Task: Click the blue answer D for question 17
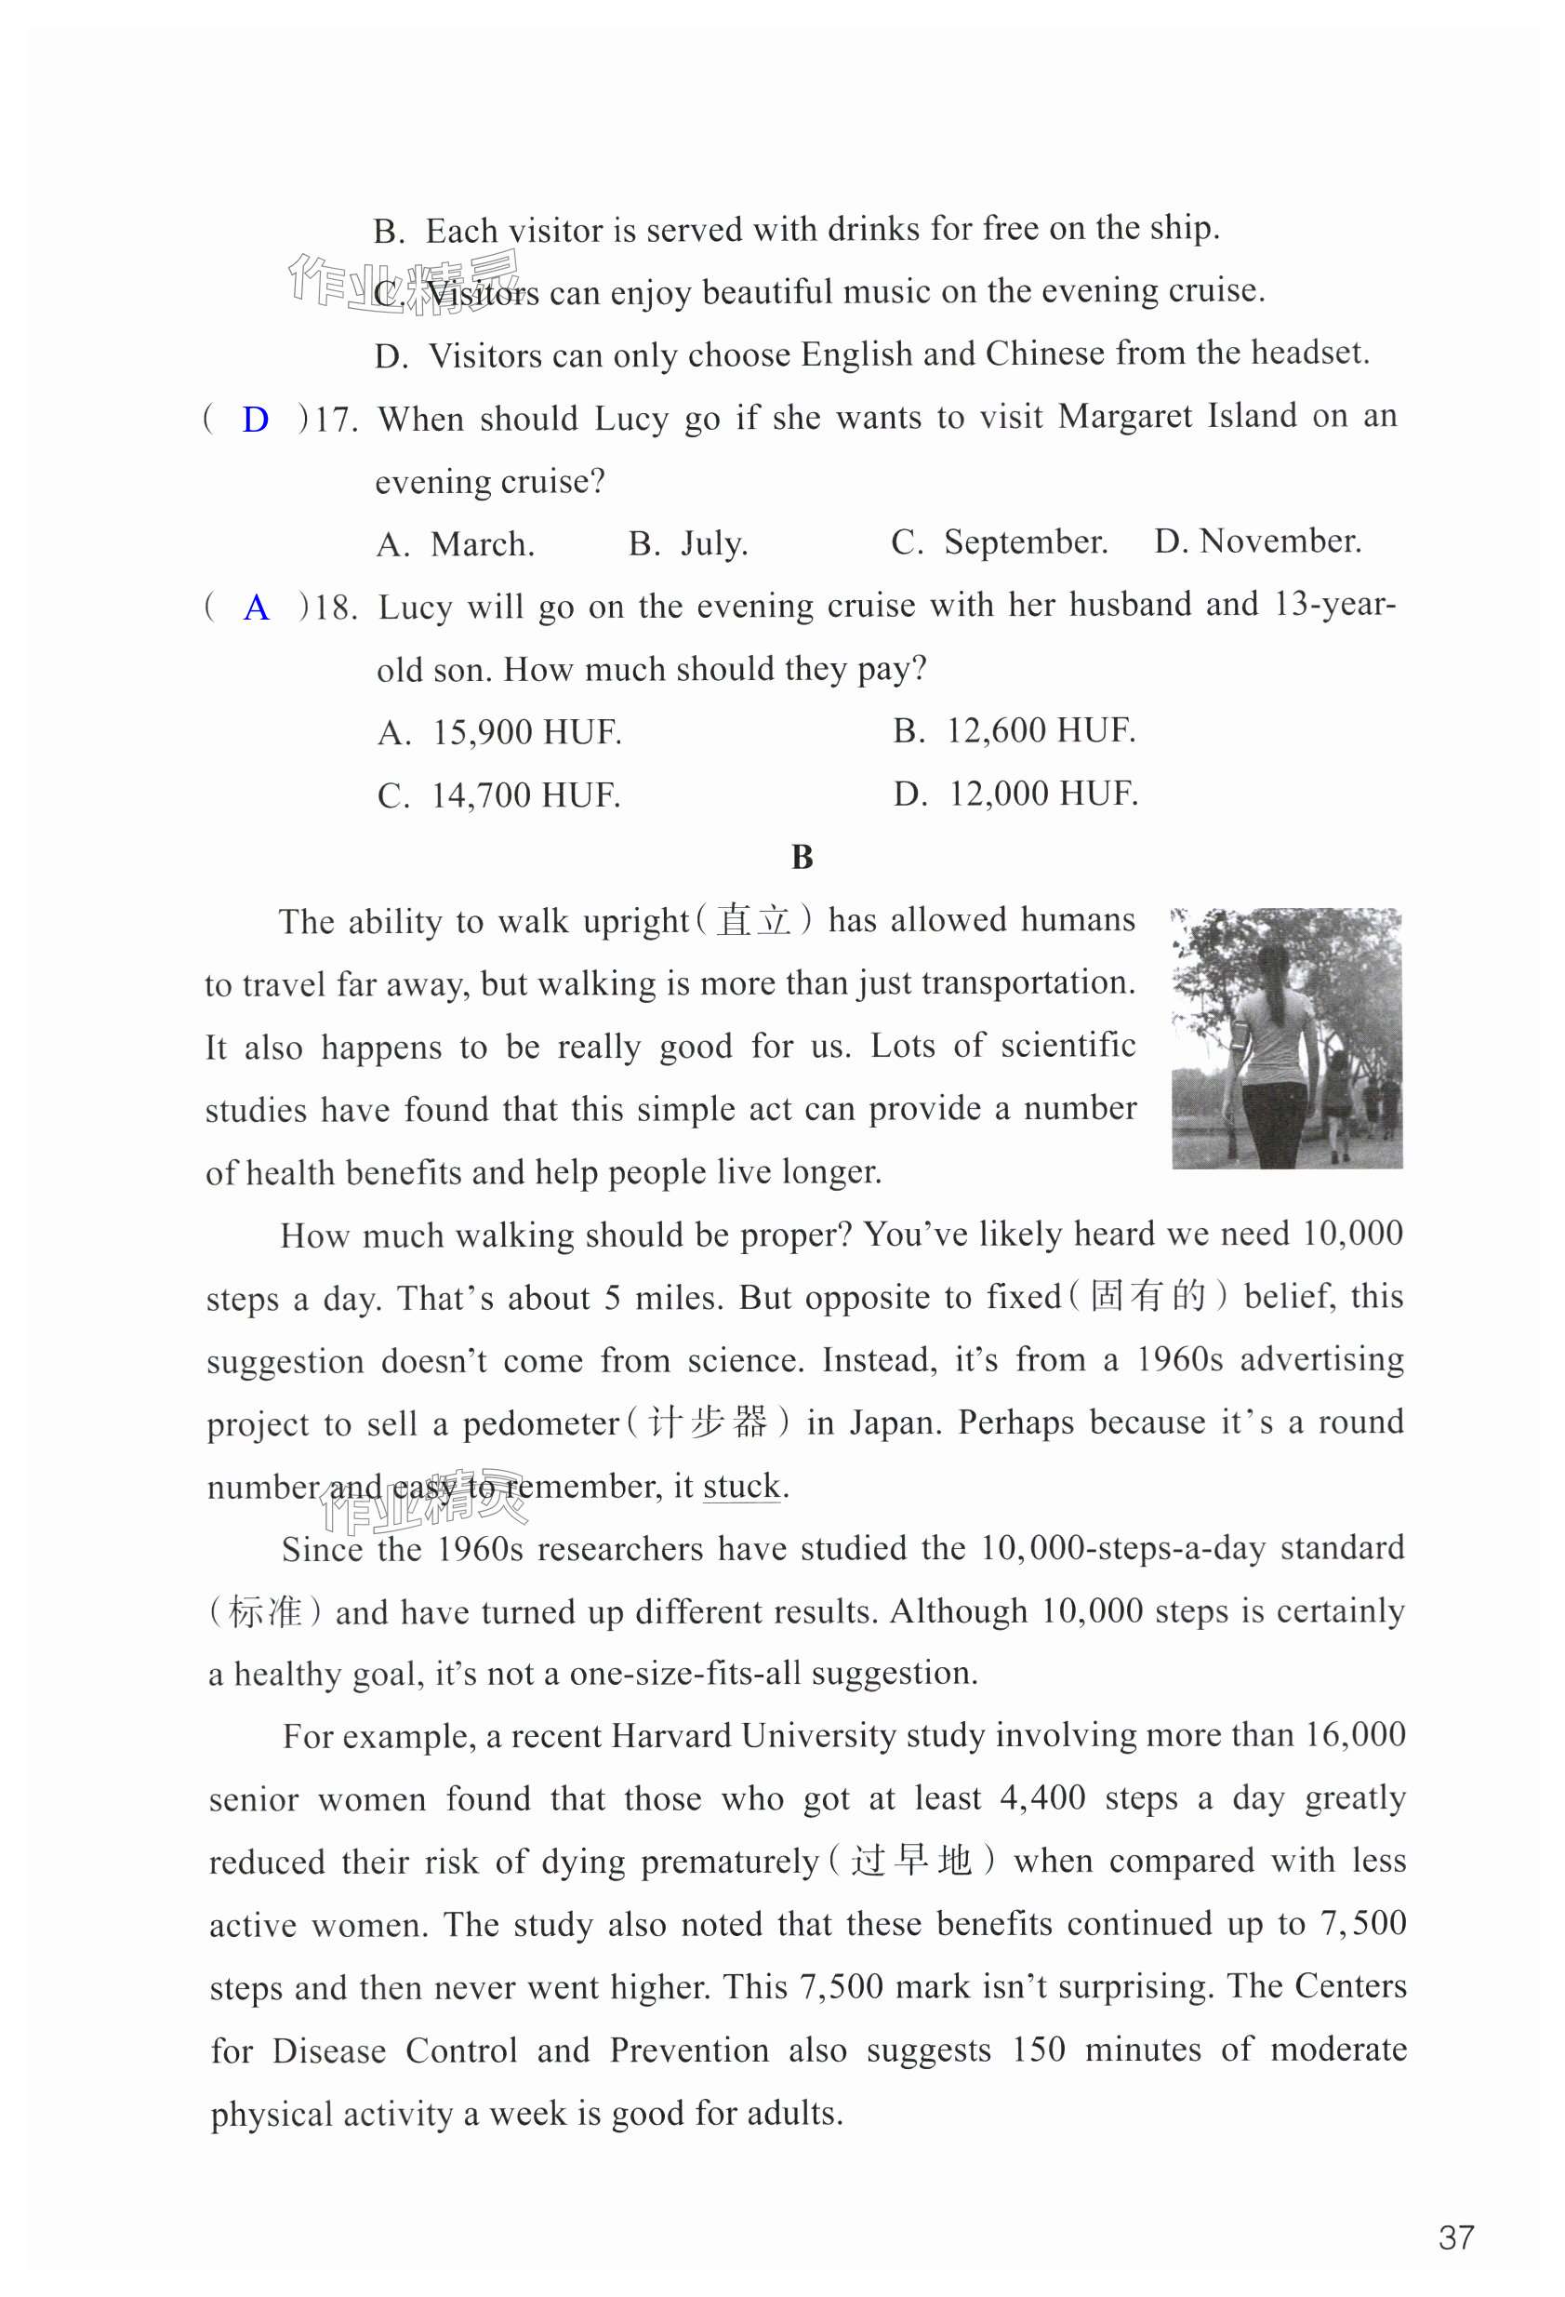(255, 421)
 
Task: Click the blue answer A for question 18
(256, 608)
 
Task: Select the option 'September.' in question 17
(1025, 542)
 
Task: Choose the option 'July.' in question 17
(713, 544)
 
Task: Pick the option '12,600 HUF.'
(1041, 730)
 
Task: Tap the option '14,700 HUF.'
(524, 795)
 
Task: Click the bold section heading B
(802, 857)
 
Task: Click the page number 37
(1456, 2237)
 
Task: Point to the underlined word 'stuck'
(741, 1487)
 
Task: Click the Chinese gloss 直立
(753, 921)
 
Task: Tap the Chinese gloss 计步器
(708, 1423)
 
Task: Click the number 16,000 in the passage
(1355, 1734)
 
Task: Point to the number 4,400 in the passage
(1041, 1797)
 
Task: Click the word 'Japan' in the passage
(893, 1423)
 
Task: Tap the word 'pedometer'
(540, 1424)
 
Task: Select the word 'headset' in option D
(1306, 353)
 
